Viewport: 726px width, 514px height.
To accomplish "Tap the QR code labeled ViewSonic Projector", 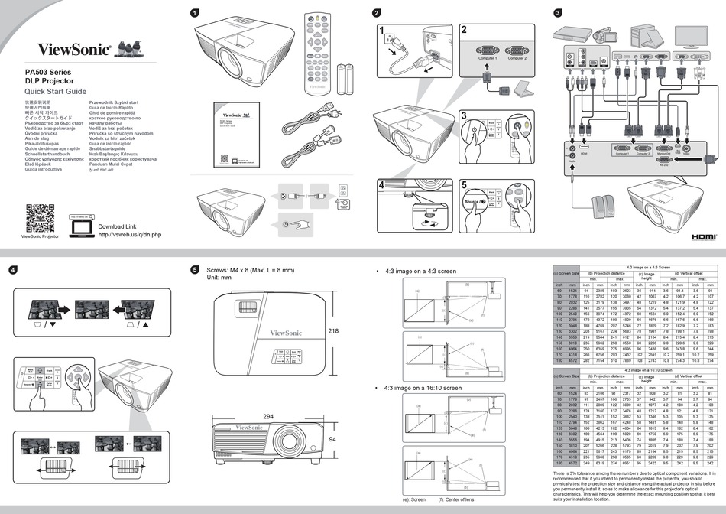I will pyautogui.click(x=40, y=218).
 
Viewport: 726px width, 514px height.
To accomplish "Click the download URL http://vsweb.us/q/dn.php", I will pyautogui.click(x=130, y=235).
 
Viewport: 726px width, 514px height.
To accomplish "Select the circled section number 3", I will pyautogui.click(x=559, y=13).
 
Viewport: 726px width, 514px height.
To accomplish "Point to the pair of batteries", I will pyautogui.click(x=346, y=79).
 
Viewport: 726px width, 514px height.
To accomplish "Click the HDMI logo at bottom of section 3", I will pyautogui.click(x=702, y=237).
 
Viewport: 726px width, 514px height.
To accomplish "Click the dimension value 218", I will pyautogui.click(x=333, y=331).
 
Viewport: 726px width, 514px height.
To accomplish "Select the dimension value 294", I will pyautogui.click(x=267, y=417).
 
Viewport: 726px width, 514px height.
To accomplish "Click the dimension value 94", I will pyautogui.click(x=333, y=441).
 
